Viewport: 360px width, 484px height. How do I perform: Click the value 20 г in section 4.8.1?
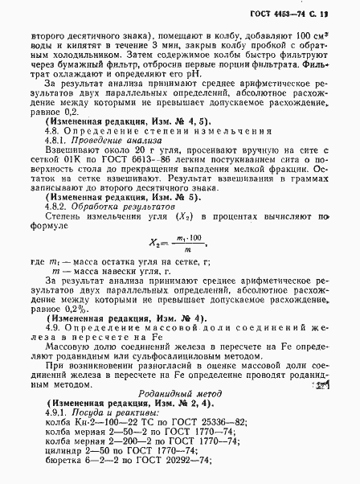130,150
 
